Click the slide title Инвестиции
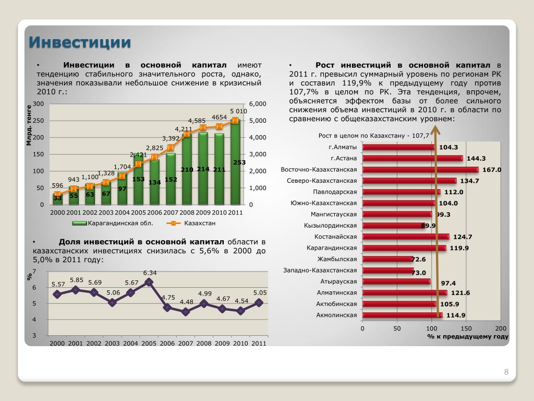[79, 42]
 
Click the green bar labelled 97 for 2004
[123, 191]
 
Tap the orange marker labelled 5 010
[235, 121]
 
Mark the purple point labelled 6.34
[149, 282]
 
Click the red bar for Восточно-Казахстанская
[420, 170]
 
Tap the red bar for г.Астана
[412, 158]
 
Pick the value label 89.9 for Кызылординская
[428, 226]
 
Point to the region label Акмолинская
[336, 315]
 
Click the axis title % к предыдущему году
[467, 337]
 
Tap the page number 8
[506, 372]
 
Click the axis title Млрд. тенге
[30, 125]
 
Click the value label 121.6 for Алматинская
[459, 293]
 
